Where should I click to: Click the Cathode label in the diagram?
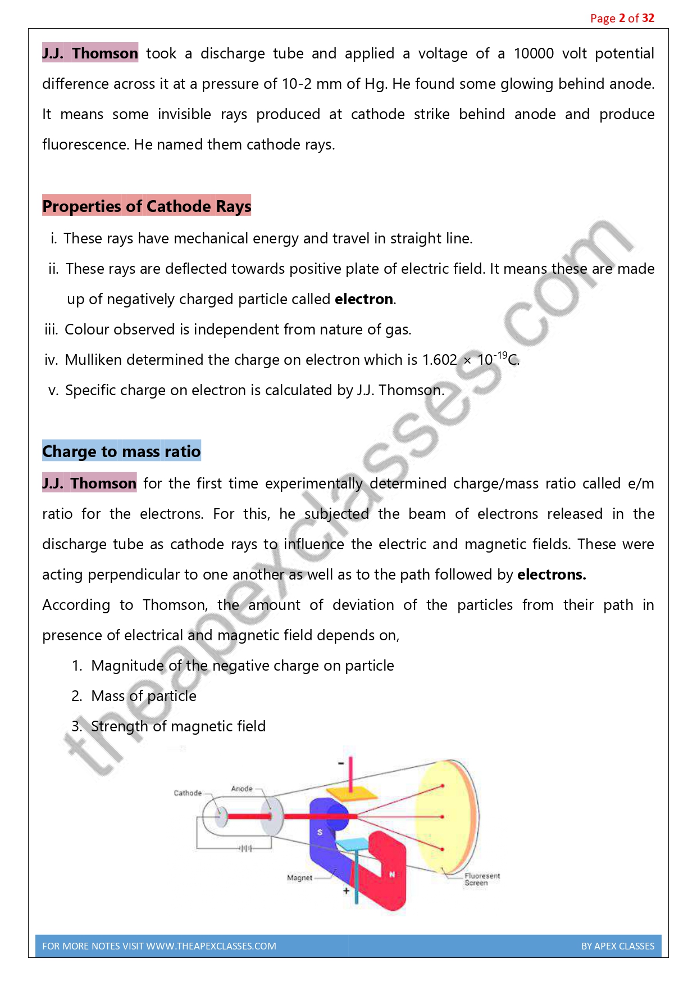pyautogui.click(x=188, y=793)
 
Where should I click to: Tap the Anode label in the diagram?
pyautogui.click(x=242, y=789)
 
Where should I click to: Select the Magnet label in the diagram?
pyautogui.click(x=299, y=878)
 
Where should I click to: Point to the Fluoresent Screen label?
pyautogui.click(x=481, y=879)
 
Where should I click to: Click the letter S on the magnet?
pyautogui.click(x=320, y=832)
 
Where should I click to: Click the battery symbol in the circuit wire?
pyautogui.click(x=246, y=848)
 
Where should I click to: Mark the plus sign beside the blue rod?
pyautogui.click(x=346, y=890)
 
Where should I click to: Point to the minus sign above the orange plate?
pyautogui.click(x=341, y=763)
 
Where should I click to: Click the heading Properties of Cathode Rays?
pyautogui.click(x=147, y=206)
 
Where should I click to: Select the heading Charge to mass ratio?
pyautogui.click(x=121, y=451)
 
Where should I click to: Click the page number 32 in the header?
pyautogui.click(x=648, y=18)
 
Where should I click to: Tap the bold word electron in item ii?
pyautogui.click(x=363, y=299)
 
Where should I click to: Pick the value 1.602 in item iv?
pyautogui.click(x=439, y=360)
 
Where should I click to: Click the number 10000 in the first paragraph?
pyautogui.click(x=534, y=53)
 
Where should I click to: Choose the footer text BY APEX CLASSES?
pyautogui.click(x=618, y=946)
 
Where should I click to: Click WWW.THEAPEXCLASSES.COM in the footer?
pyautogui.click(x=211, y=946)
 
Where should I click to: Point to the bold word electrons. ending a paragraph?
pyautogui.click(x=552, y=575)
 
